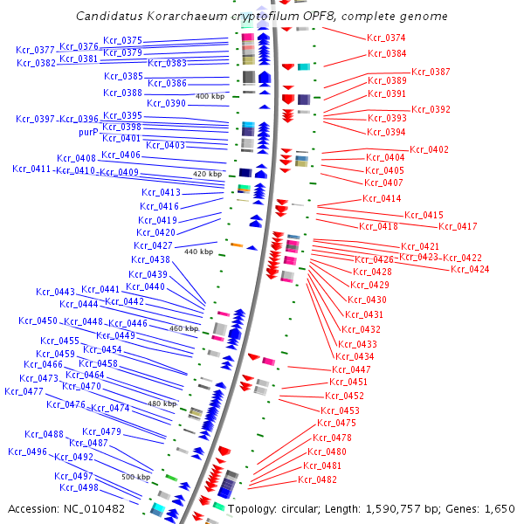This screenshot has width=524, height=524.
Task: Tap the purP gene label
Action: click(x=88, y=132)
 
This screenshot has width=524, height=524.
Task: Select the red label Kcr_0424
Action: click(x=470, y=269)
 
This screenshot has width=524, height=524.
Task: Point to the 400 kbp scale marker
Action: click(x=210, y=96)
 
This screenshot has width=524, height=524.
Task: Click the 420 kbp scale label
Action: click(x=208, y=174)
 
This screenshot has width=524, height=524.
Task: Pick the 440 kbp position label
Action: click(x=198, y=252)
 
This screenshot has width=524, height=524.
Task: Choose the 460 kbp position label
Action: click(x=184, y=328)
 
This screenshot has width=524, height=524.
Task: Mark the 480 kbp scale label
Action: click(x=162, y=404)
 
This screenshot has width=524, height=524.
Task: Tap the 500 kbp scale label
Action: click(x=135, y=477)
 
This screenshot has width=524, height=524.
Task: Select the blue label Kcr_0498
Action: click(x=79, y=487)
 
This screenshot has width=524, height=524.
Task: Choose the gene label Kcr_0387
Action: click(x=431, y=72)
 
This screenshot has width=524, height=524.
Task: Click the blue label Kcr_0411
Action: click(x=32, y=169)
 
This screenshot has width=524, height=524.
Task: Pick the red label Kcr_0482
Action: click(x=318, y=479)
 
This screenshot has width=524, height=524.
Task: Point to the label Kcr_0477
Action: click(x=24, y=391)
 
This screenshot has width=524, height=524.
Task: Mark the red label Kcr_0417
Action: click(x=457, y=226)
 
